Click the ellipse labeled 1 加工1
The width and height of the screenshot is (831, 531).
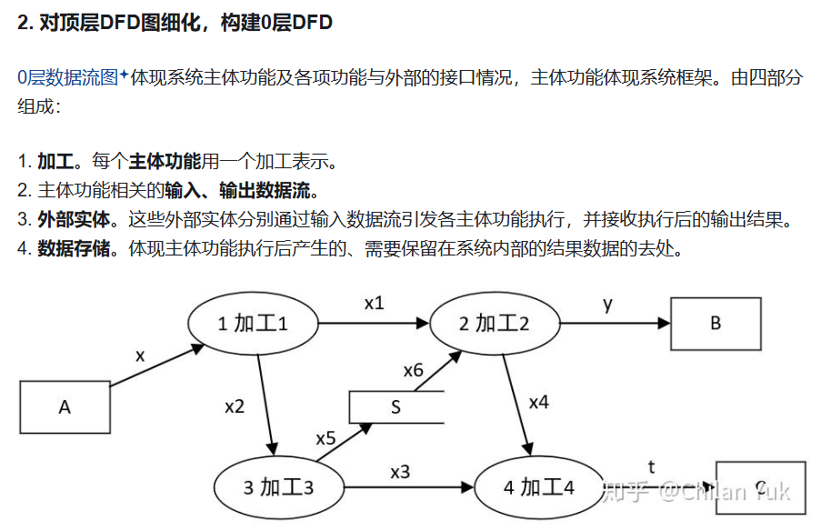[x=253, y=324]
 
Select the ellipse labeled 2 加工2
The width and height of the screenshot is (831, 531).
[x=494, y=323]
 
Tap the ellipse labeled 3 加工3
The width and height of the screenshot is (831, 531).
[x=279, y=487]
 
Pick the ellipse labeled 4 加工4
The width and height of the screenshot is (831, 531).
[x=539, y=487]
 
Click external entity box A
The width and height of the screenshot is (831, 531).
[x=65, y=406]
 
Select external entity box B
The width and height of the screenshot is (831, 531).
[x=716, y=323]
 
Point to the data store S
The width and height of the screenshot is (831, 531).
[x=395, y=407]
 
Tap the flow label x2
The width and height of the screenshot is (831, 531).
[x=235, y=406]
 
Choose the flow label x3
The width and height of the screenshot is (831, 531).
[x=400, y=471]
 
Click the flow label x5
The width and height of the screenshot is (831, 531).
[x=325, y=438]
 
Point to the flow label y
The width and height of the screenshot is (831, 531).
[x=607, y=304]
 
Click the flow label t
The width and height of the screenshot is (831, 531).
[x=651, y=467]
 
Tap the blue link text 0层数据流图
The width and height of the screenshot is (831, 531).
[x=68, y=78]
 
